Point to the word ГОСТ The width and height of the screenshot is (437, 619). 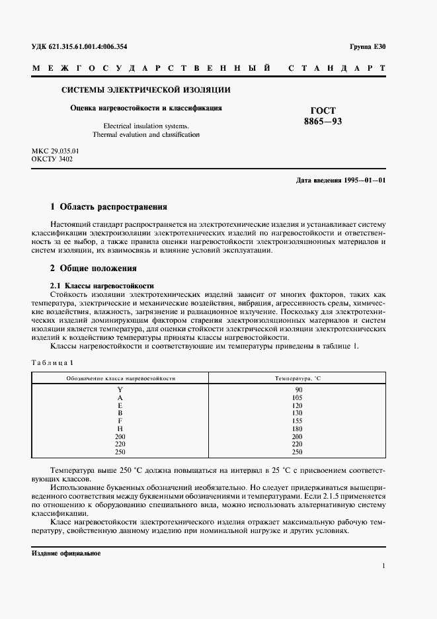click(323, 110)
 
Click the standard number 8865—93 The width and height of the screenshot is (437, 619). click(323, 122)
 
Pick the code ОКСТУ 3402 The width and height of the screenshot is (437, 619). click(52, 159)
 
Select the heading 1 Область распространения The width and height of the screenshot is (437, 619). click(109, 206)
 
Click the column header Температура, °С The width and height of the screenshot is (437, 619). click(298, 378)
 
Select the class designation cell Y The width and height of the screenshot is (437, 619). click(120, 390)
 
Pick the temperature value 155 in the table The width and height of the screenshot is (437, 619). click(298, 421)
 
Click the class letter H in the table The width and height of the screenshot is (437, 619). click(120, 429)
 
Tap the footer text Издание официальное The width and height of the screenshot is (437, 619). click(65, 553)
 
